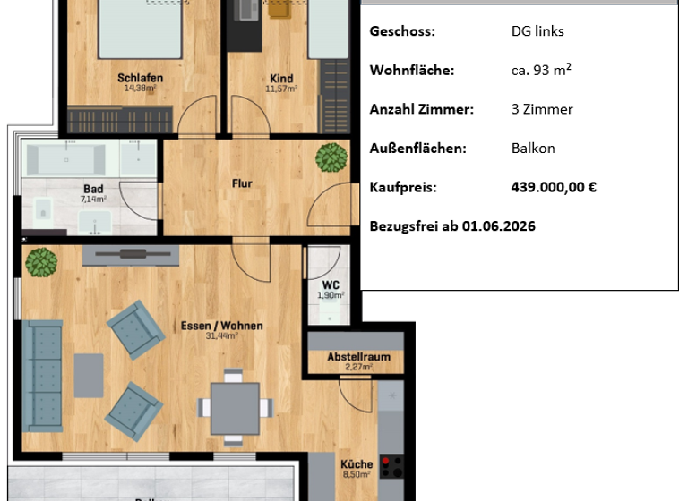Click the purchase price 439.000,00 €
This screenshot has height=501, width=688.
[553, 187]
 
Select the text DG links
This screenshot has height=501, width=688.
[537, 31]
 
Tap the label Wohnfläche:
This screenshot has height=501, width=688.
[412, 70]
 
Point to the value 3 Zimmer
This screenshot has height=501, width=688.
[542, 109]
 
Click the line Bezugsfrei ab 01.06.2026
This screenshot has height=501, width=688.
[452, 226]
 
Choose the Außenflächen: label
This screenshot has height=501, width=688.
[418, 149]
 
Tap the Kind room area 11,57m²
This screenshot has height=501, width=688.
[281, 89]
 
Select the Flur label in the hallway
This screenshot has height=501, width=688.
[242, 184]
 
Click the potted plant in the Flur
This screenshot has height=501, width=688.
[331, 158]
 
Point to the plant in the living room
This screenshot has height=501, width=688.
[41, 263]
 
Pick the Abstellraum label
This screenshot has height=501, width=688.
[358, 356]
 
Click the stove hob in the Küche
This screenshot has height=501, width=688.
[391, 467]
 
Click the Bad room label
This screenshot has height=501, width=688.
[93, 189]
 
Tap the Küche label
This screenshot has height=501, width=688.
[356, 464]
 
